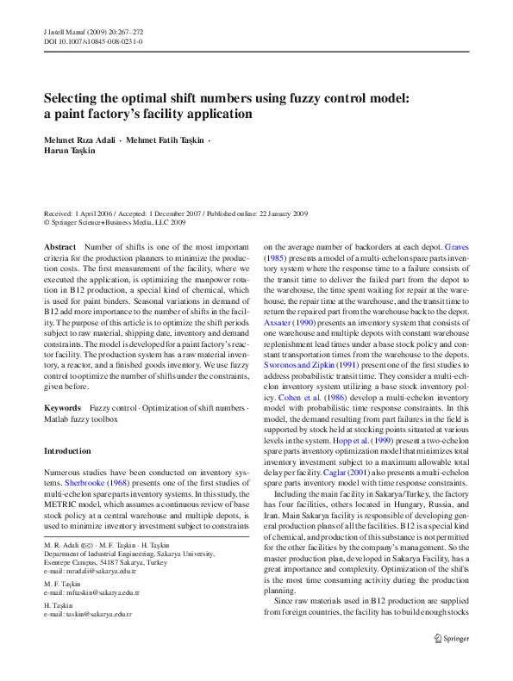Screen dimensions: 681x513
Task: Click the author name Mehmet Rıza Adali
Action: (x=80, y=139)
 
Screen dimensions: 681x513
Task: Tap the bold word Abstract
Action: (x=59, y=247)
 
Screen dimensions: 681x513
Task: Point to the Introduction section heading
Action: (x=67, y=451)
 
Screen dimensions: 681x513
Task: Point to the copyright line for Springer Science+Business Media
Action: (x=114, y=222)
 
